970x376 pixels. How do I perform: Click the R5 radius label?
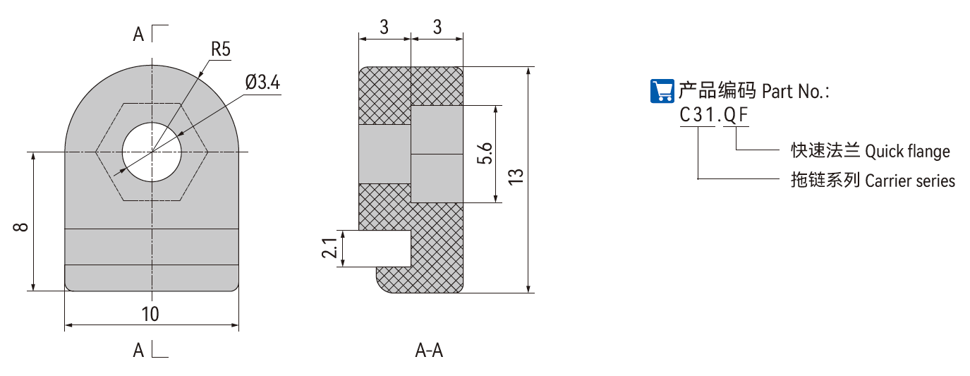[221, 49]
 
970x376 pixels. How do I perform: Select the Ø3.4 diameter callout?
[262, 83]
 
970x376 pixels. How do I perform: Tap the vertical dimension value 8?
[20, 227]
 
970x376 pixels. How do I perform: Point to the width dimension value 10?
[150, 314]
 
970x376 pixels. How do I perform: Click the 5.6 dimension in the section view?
[485, 154]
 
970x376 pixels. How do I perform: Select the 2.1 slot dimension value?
[329, 248]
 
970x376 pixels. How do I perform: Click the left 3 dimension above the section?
[384, 28]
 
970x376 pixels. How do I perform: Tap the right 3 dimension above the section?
[437, 28]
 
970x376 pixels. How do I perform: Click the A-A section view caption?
[429, 350]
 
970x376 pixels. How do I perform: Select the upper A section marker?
[139, 34]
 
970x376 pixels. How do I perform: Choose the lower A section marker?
[139, 349]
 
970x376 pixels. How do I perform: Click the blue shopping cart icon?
[662, 90]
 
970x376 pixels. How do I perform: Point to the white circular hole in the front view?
[152, 151]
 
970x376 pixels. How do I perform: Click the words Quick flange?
[907, 152]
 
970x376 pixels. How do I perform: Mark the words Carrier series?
[910, 181]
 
